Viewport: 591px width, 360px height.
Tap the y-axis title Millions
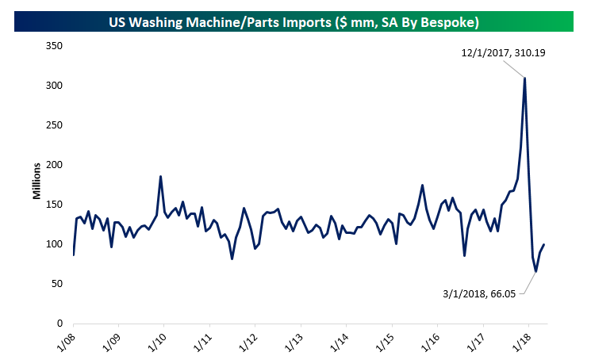36,184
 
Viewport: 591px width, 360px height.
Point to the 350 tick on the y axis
55,46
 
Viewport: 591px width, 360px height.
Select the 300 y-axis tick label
55,86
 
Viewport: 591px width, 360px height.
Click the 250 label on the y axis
55,125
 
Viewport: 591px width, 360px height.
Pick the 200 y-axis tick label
55,165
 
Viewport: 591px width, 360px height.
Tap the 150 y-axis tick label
55,205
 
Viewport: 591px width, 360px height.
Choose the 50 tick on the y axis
57,284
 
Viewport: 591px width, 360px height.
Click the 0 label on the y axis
60,324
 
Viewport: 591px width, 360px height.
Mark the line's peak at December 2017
525,78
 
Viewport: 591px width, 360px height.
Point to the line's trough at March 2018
536,271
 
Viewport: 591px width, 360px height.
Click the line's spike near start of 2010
161,177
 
